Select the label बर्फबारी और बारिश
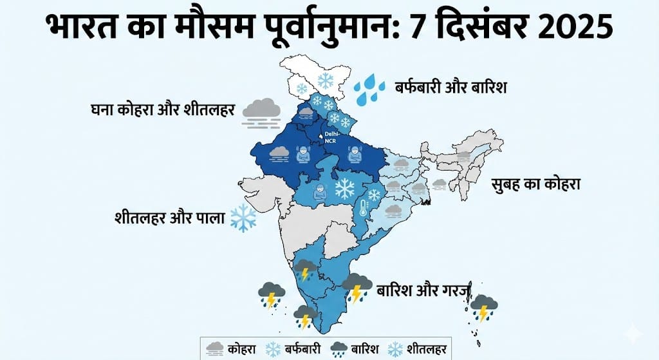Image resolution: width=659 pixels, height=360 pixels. click(x=450, y=86)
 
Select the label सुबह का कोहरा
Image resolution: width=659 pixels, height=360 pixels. click(x=535, y=184)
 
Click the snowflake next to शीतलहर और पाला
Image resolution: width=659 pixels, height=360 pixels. click(x=243, y=218)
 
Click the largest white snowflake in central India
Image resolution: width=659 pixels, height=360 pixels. click(x=345, y=189)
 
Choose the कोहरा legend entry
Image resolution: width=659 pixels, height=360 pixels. click(x=230, y=349)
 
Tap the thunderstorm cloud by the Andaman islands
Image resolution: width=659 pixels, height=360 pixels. click(x=483, y=308)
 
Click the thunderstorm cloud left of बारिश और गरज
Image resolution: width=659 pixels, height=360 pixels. click(x=356, y=287)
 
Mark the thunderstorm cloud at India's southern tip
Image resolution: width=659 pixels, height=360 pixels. click(x=305, y=317)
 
